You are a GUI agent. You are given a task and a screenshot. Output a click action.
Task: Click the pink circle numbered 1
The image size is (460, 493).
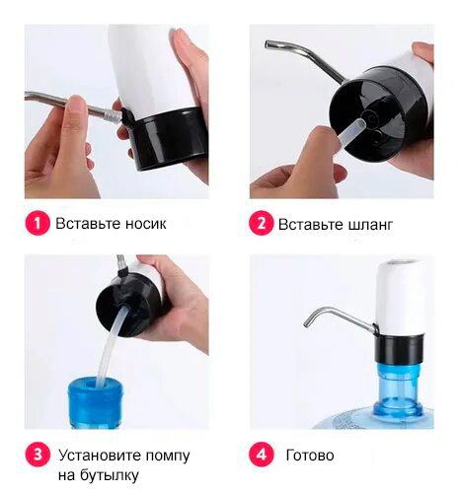click(38, 223)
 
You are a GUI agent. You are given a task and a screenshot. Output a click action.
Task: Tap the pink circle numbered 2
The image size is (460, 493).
click(262, 224)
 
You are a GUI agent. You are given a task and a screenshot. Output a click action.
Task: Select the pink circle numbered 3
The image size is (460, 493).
click(38, 455)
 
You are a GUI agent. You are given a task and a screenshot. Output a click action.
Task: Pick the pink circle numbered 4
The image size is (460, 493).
click(262, 455)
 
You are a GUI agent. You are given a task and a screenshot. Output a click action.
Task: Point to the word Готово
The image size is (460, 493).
click(310, 456)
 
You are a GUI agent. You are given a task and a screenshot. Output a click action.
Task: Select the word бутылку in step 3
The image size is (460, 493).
click(109, 475)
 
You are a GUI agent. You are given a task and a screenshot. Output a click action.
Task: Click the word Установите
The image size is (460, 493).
click(100, 456)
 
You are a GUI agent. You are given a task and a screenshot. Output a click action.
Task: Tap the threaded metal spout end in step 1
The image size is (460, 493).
click(115, 115)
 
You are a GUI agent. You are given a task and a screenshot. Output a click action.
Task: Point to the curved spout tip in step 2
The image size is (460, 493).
click(268, 44)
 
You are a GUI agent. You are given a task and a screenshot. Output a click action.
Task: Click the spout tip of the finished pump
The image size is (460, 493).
click(307, 322)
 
